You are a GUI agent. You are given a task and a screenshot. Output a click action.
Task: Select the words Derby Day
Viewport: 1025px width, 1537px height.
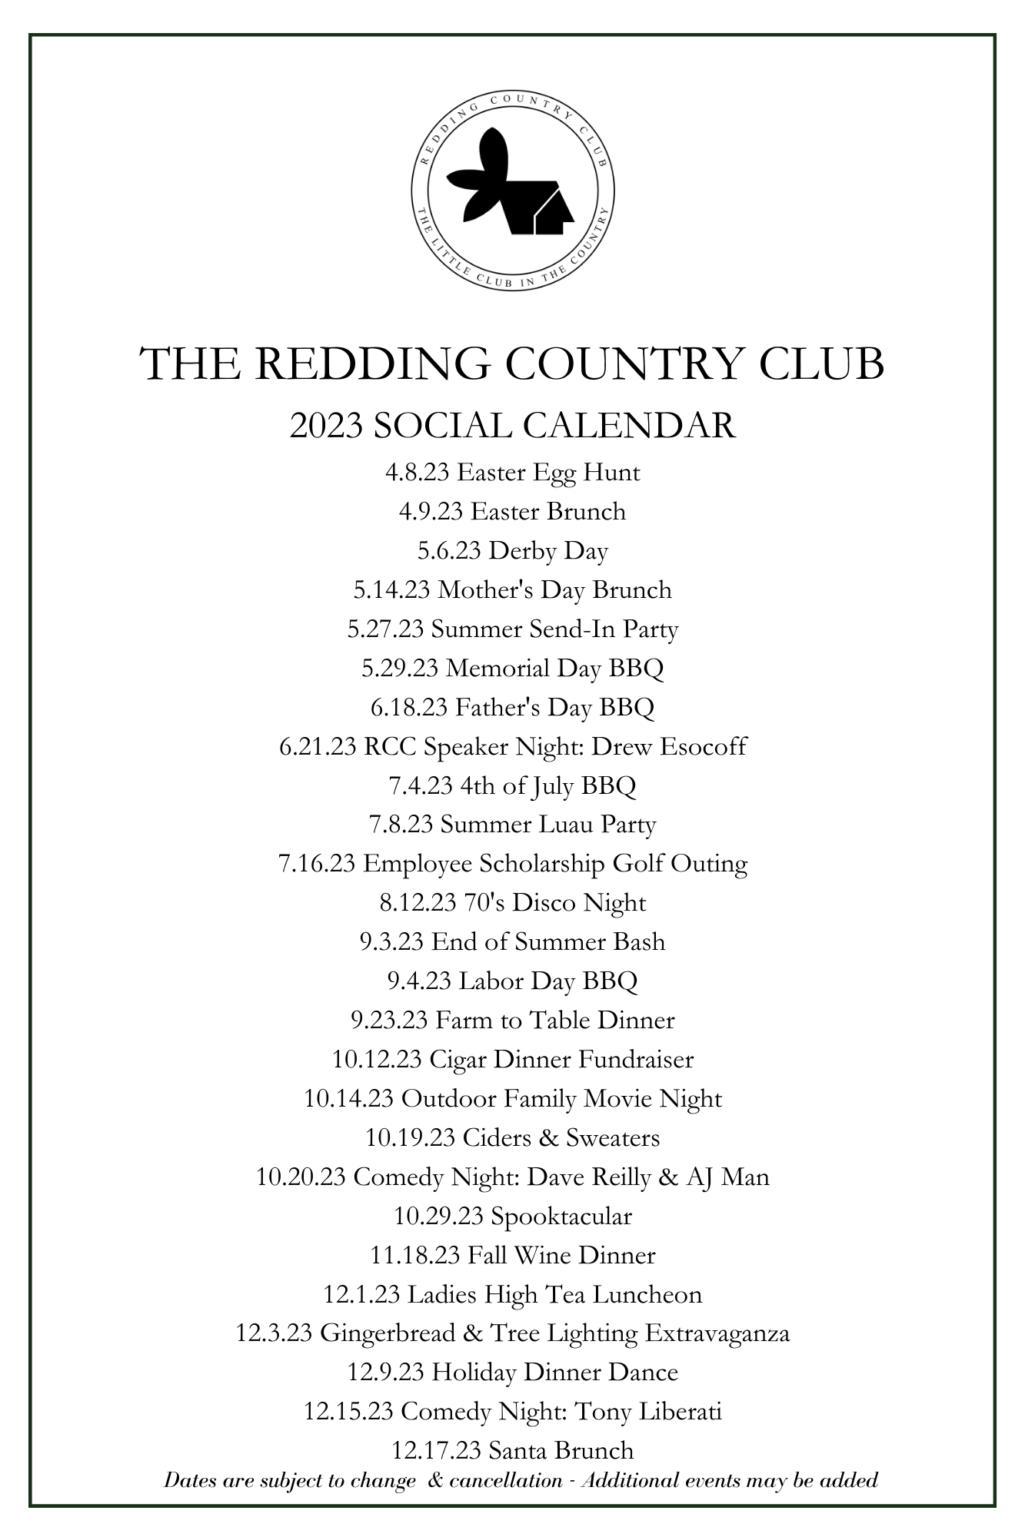(x=548, y=550)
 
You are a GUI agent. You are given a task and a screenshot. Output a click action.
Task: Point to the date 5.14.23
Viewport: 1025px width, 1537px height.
(x=392, y=589)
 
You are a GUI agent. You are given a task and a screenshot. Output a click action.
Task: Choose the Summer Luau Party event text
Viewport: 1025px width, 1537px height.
(x=548, y=825)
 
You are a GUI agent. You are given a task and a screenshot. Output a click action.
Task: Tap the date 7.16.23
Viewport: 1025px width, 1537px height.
(x=317, y=864)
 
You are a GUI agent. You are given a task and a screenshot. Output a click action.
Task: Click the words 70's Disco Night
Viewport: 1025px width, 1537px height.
(x=555, y=902)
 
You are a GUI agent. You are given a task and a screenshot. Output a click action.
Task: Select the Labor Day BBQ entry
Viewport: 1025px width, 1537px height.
(x=548, y=981)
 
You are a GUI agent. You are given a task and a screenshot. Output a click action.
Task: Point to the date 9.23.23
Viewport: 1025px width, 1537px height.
(x=389, y=1020)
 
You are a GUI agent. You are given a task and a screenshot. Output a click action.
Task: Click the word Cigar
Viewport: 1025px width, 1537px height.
(x=458, y=1060)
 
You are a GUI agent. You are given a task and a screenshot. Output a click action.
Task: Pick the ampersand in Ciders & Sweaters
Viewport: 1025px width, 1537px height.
(x=548, y=1137)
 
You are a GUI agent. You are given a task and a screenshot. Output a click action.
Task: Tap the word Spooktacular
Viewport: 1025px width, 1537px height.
(x=561, y=1216)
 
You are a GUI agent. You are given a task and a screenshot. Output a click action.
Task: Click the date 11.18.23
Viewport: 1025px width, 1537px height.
(x=415, y=1255)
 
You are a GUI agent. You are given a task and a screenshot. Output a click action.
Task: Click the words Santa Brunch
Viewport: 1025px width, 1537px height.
(x=561, y=1450)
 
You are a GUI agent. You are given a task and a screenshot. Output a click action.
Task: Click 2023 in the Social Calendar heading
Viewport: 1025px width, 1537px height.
(x=326, y=425)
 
